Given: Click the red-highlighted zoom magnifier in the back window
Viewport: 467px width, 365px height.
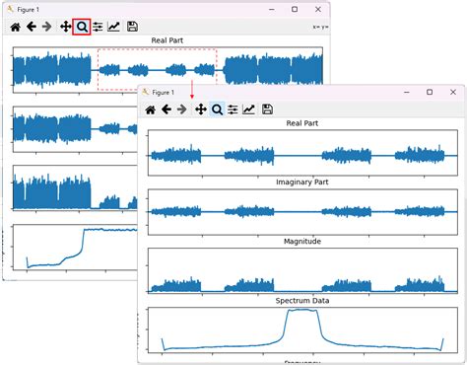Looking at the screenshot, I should tap(82, 27).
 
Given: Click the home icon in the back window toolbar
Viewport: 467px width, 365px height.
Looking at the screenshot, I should tap(15, 27).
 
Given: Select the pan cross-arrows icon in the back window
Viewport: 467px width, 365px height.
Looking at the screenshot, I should tap(65, 27).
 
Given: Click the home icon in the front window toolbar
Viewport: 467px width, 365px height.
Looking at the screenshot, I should tap(151, 109).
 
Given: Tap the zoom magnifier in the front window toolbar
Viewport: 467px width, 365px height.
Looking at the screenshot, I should tap(217, 109).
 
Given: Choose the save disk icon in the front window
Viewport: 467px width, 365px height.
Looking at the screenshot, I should tap(267, 109).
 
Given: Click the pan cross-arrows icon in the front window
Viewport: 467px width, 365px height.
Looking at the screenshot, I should tap(200, 109).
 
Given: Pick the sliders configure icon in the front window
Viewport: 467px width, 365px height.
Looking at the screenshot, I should tap(233, 109).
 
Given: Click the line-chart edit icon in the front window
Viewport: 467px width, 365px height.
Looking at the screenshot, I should tap(249, 109).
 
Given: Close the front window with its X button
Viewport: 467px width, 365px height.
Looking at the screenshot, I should tap(452, 92).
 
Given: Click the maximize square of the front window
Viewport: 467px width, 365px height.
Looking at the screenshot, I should tap(429, 92).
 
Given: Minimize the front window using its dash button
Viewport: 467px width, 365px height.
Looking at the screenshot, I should tap(404, 92).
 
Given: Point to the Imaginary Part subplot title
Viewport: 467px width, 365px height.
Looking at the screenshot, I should tap(302, 182).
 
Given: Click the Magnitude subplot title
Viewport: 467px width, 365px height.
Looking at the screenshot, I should tap(302, 241).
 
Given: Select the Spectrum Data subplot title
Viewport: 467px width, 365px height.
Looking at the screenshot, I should tap(302, 300).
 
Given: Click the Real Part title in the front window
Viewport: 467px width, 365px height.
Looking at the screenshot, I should tap(302, 124).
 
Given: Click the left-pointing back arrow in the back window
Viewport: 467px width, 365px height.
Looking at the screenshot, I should tap(32, 27).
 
